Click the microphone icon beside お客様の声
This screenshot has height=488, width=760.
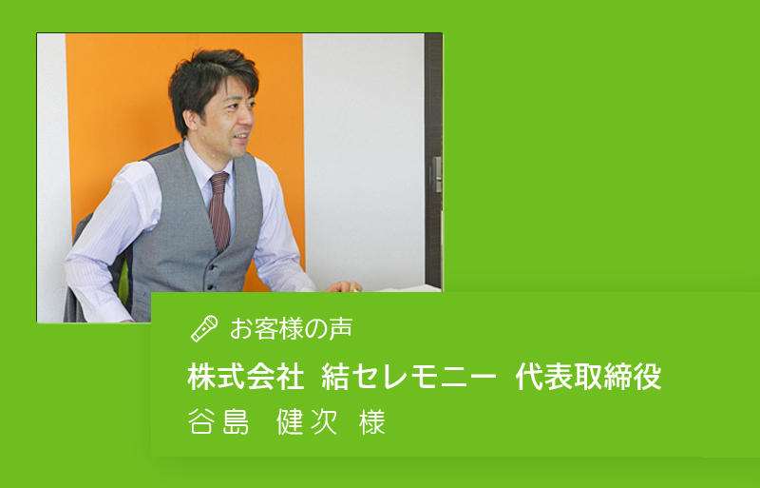click(x=204, y=329)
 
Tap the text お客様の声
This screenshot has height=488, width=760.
click(x=292, y=329)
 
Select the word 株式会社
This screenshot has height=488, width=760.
click(x=246, y=377)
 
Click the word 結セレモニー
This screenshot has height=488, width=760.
click(x=409, y=377)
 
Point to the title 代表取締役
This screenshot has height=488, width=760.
click(x=588, y=377)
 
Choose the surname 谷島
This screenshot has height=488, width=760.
click(x=218, y=421)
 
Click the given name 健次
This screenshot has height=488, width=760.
click(x=307, y=421)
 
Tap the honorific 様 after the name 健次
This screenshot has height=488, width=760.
click(x=372, y=421)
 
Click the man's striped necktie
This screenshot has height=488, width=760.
click(x=219, y=211)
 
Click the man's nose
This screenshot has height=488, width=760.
click(x=249, y=115)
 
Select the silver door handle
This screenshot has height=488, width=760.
click(x=437, y=174)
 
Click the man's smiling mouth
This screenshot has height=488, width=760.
click(x=241, y=137)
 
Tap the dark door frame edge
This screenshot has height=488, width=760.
click(x=433, y=160)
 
